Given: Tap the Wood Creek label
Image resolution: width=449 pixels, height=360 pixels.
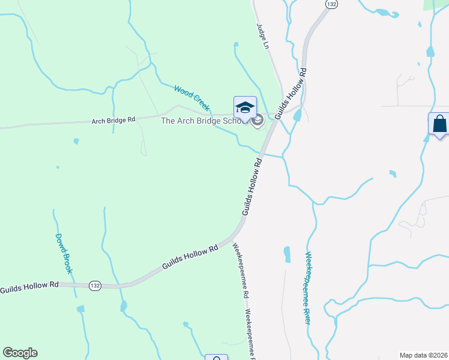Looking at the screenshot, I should [191, 98].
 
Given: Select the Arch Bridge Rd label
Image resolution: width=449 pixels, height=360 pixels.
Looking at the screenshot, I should [113, 120].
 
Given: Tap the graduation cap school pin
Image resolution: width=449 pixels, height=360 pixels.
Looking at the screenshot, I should [245, 108].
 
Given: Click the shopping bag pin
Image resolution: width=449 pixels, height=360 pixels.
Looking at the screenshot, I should [439, 124].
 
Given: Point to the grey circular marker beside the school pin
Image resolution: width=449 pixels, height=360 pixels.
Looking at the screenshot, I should [258, 122].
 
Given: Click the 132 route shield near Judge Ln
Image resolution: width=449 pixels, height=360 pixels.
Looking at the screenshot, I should [331, 4].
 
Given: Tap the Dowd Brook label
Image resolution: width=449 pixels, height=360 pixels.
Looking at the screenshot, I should [64, 253].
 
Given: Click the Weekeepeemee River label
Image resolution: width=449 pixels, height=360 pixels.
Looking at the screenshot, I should [309, 288].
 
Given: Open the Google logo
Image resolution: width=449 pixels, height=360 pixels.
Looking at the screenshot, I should [20, 353].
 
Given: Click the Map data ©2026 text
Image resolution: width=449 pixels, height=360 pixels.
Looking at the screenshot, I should [424, 355].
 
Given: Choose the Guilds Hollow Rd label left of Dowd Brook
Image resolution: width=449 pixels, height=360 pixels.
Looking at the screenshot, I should [29, 289].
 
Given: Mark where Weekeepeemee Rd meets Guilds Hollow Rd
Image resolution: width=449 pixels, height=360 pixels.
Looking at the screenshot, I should [233, 238].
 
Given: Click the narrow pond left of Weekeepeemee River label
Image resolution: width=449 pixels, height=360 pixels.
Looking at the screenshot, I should [286, 254].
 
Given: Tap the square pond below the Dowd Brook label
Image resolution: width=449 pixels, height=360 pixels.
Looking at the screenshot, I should [80, 308].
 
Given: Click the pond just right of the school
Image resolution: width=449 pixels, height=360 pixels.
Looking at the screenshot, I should [297, 115].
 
